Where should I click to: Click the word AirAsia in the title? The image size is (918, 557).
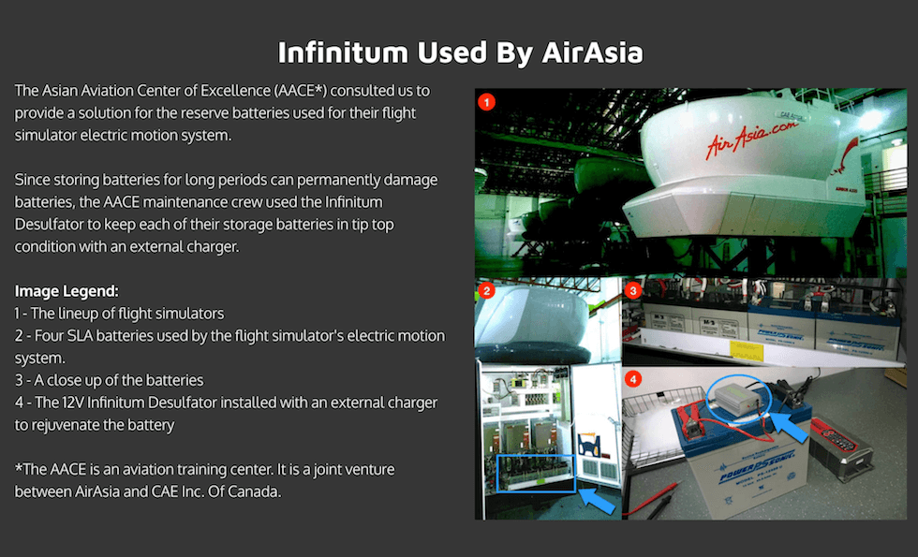click(592, 52)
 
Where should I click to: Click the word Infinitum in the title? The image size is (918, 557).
click(343, 52)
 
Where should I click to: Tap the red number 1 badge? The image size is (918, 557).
click(486, 102)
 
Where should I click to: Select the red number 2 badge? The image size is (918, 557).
click(486, 290)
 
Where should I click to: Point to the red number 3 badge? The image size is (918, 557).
click(633, 290)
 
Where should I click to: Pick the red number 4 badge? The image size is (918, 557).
click(633, 379)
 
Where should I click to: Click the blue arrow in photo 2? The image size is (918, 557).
click(598, 501)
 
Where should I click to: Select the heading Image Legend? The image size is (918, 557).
click(67, 291)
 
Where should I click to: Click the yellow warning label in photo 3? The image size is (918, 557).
click(747, 349)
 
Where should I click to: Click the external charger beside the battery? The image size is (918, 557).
click(840, 447)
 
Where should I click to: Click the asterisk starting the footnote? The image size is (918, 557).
click(18, 468)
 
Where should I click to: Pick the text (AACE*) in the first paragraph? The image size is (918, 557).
click(299, 91)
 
